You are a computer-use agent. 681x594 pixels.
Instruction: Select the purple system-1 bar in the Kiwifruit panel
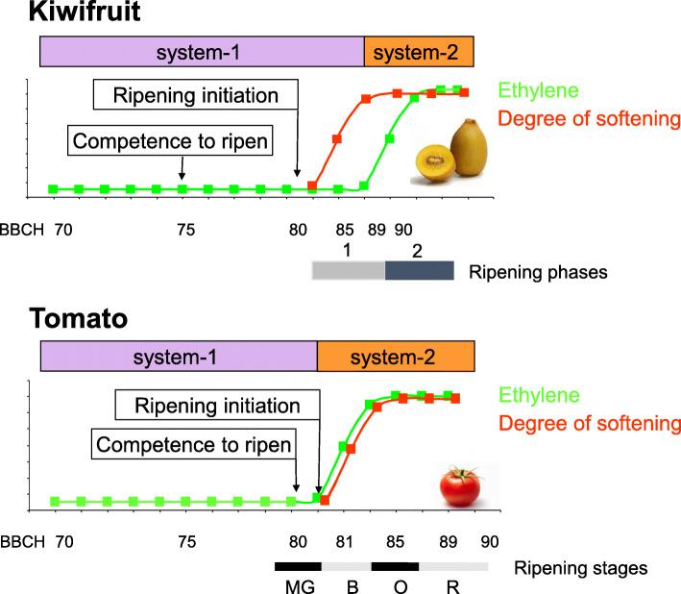point(202,51)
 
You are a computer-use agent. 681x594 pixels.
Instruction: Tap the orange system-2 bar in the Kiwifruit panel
point(419,51)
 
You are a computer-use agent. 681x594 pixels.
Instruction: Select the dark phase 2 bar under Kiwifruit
point(419,270)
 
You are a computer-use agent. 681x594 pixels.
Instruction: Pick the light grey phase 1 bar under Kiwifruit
point(348,270)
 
